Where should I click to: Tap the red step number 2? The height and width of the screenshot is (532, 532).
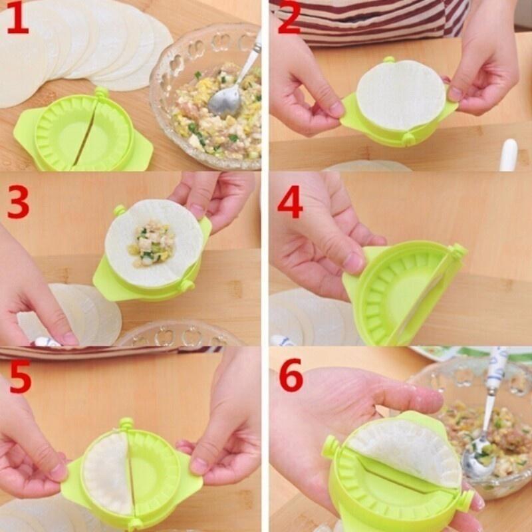tap(289, 19)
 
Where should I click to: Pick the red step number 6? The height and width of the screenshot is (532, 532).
tap(291, 377)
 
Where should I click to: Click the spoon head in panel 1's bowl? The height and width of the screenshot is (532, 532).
tap(223, 101)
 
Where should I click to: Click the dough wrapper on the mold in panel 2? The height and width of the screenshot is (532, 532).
tap(400, 95)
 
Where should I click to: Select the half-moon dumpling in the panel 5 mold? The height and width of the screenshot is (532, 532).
tap(106, 472)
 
